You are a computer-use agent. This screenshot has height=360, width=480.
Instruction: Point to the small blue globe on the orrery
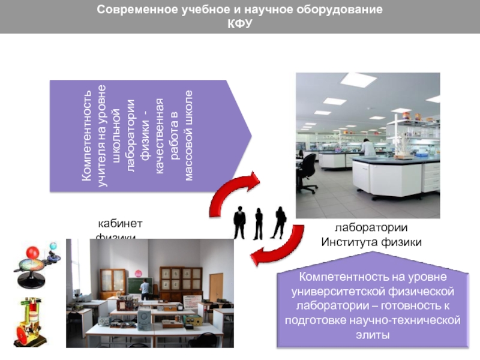(53, 246)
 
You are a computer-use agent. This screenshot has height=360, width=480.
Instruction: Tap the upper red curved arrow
(236, 191)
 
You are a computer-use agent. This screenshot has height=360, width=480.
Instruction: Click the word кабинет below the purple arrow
(120, 224)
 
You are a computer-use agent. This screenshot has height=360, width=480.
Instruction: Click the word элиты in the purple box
(372, 335)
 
